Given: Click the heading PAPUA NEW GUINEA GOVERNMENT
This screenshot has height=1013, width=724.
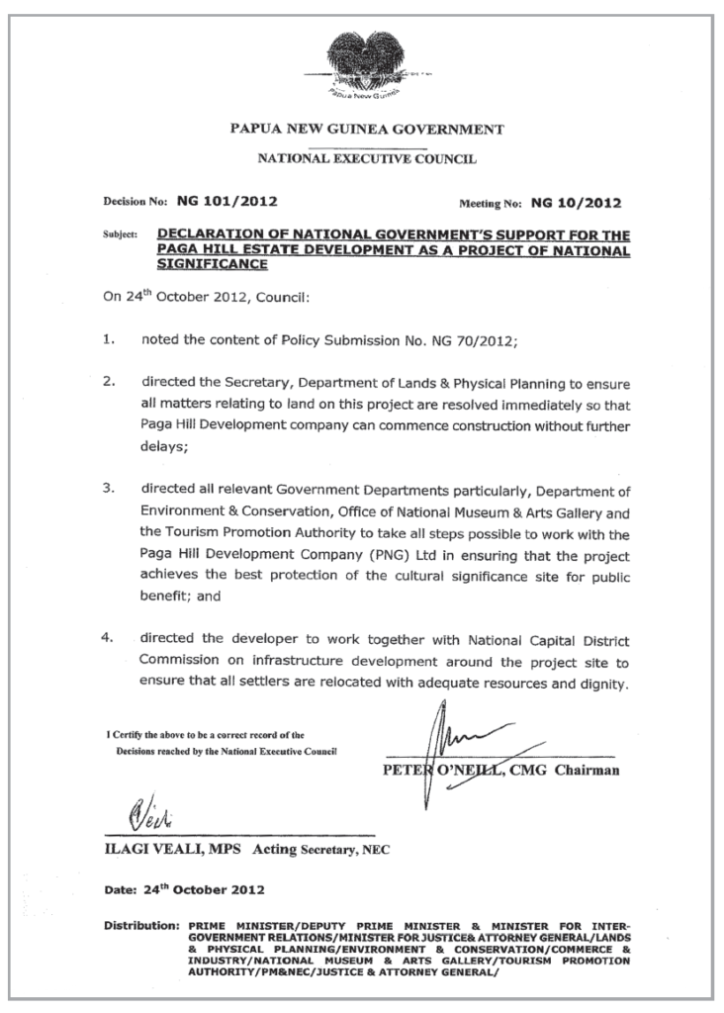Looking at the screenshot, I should [367, 129].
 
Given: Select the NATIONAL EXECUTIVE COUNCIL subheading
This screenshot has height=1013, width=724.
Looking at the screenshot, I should [367, 157].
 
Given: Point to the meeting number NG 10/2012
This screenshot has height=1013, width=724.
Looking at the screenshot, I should [576, 205].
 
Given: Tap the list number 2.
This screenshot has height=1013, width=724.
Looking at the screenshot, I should [110, 382].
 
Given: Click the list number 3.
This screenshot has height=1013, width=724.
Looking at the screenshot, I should [110, 489].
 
